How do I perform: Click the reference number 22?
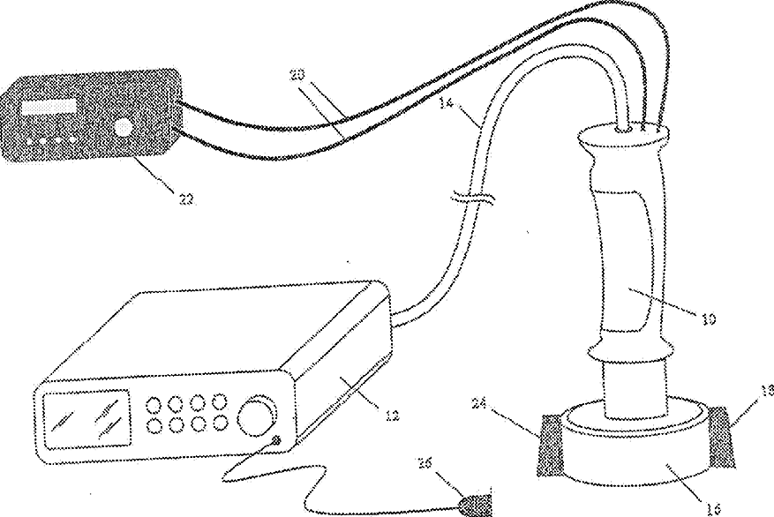184,199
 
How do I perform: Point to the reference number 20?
297,77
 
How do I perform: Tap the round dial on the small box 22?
124,128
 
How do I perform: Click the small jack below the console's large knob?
276,440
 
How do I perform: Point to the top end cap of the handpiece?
627,134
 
